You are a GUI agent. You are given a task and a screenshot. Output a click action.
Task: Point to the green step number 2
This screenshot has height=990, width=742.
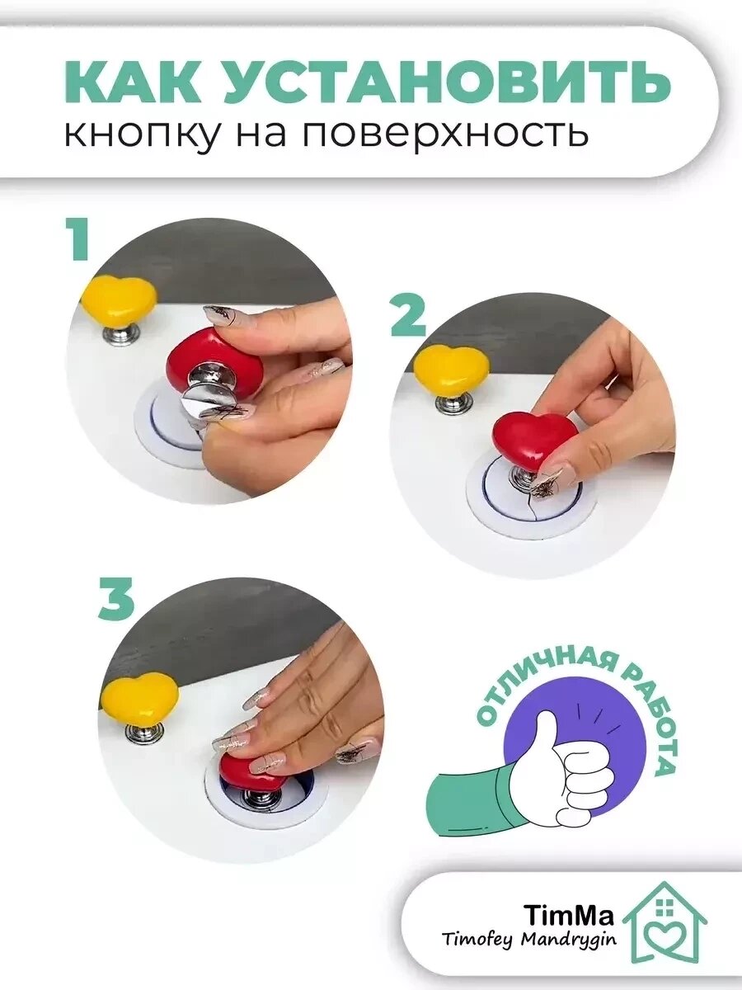(408, 318)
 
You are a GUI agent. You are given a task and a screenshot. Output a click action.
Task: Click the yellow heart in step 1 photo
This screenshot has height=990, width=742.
(119, 298)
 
